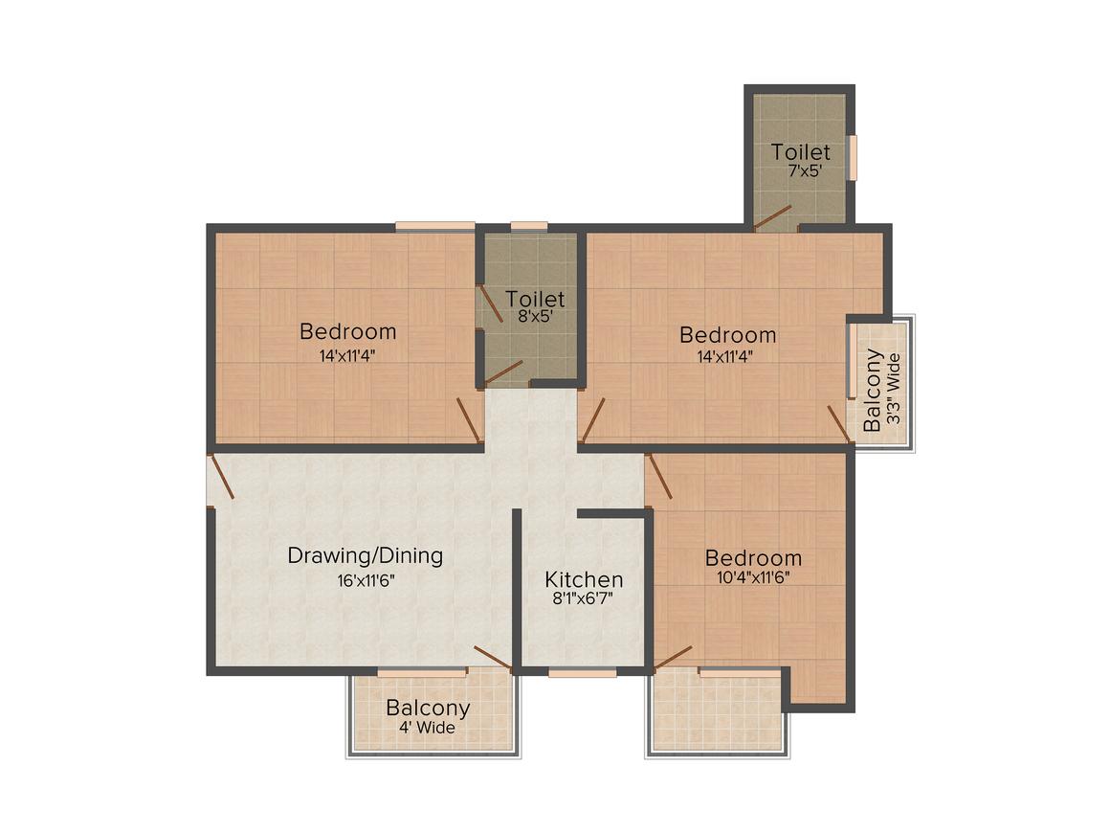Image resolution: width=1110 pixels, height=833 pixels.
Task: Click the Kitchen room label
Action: pyautogui.click(x=584, y=579)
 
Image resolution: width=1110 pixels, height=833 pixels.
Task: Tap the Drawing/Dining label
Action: pyautogui.click(x=366, y=555)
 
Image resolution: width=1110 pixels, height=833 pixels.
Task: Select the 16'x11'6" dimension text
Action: pyautogui.click(x=366, y=581)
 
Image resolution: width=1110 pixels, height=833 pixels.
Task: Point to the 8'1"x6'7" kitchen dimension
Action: pyautogui.click(x=583, y=598)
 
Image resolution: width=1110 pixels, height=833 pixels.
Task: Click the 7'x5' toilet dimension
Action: pyautogui.click(x=805, y=170)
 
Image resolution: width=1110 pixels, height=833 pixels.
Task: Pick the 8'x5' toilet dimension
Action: pyautogui.click(x=535, y=316)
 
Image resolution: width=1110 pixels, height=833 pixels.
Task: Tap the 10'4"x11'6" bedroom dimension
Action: pyautogui.click(x=753, y=576)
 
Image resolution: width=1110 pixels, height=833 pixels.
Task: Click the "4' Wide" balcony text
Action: pyautogui.click(x=427, y=728)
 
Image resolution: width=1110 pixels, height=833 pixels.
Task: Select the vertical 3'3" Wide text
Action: pyautogui.click(x=894, y=389)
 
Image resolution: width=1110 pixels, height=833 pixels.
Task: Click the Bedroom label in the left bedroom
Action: pyautogui.click(x=347, y=331)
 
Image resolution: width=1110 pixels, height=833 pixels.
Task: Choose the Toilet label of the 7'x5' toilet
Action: pyautogui.click(x=801, y=151)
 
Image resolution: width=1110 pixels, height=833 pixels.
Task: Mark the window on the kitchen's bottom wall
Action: pyautogui.click(x=583, y=673)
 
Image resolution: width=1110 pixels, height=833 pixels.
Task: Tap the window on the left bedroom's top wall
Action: pyautogui.click(x=435, y=226)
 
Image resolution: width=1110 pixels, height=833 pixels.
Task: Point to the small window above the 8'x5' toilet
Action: pyautogui.click(x=529, y=226)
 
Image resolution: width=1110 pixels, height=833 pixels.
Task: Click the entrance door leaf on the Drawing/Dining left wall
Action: pyautogui.click(x=222, y=477)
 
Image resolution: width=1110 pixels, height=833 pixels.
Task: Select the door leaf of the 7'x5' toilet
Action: pyautogui.click(x=772, y=218)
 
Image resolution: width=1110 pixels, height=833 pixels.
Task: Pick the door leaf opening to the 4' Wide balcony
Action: pyautogui.click(x=493, y=658)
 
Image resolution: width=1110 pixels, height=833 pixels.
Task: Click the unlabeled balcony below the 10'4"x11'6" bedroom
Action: pyautogui.click(x=717, y=711)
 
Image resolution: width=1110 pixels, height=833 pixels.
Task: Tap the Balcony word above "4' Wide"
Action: pyautogui.click(x=428, y=708)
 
